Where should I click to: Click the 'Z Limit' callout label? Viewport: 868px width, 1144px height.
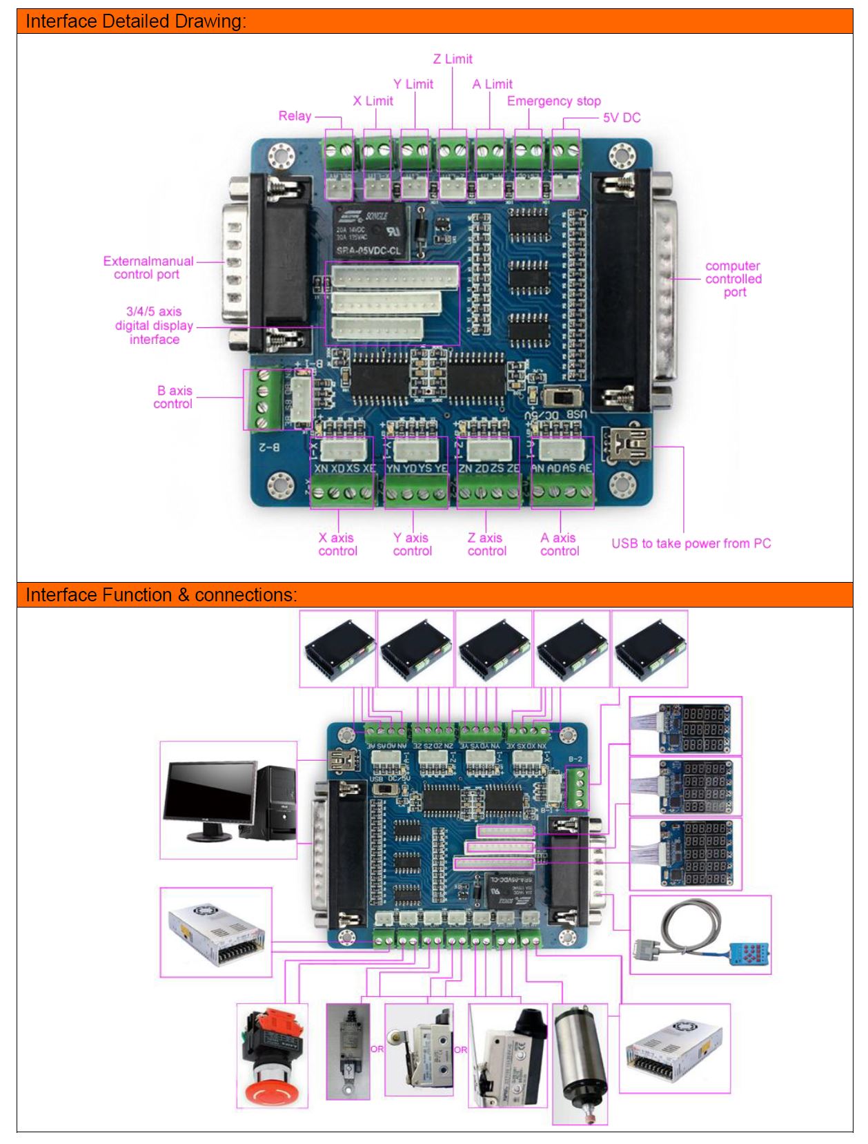[453, 59]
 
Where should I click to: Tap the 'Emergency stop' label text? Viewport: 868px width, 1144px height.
[553, 101]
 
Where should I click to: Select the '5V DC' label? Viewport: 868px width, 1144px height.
[621, 118]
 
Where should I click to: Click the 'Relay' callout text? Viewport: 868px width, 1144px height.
[295, 116]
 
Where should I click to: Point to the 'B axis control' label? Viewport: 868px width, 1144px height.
[173, 397]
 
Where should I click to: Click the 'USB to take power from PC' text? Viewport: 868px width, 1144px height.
[691, 543]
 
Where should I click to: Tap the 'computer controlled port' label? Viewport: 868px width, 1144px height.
[733, 279]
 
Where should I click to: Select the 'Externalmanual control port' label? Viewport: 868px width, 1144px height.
[148, 268]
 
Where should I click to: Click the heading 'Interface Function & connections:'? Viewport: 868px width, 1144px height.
[161, 594]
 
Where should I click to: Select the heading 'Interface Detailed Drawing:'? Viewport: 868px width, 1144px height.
[136, 21]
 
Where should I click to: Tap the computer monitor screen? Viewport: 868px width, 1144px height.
[209, 794]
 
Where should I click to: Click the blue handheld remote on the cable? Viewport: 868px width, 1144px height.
[749, 954]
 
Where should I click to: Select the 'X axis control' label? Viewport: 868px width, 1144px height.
[337, 544]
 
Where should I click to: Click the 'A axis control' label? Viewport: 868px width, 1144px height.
[560, 544]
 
